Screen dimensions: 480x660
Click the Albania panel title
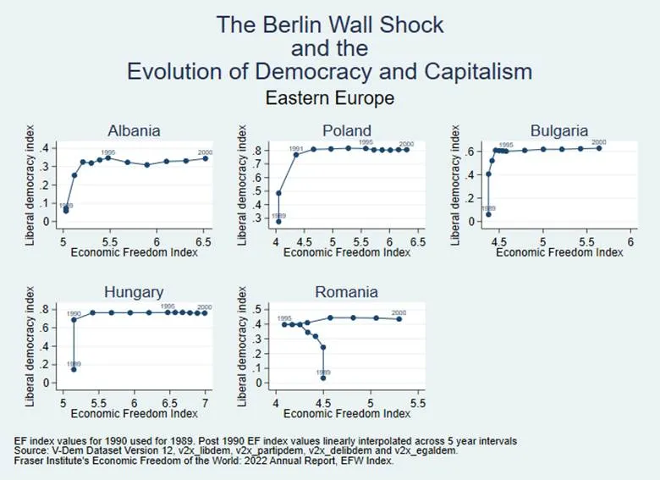(134, 130)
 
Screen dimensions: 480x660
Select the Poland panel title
(346, 130)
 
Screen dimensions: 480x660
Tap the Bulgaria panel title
(559, 130)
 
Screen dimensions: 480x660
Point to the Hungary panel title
(134, 292)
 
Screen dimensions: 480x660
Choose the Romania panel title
(346, 292)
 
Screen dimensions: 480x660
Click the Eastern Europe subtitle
(330, 98)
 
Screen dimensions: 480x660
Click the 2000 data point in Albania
(205, 158)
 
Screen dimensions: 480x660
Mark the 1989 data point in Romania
(322, 378)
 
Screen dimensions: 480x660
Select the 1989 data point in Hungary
(74, 369)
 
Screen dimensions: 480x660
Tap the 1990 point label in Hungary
(74, 313)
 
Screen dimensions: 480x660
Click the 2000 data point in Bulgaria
(599, 147)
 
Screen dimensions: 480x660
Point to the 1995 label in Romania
(284, 317)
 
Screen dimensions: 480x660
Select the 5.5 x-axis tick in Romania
(415, 404)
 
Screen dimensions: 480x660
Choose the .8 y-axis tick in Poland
(263, 151)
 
